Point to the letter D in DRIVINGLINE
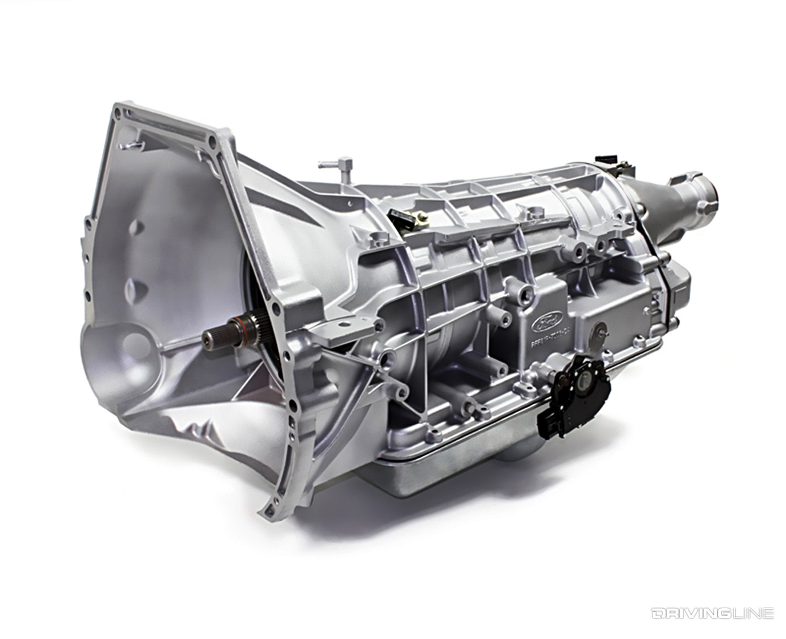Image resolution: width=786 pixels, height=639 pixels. (x=656, y=613)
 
